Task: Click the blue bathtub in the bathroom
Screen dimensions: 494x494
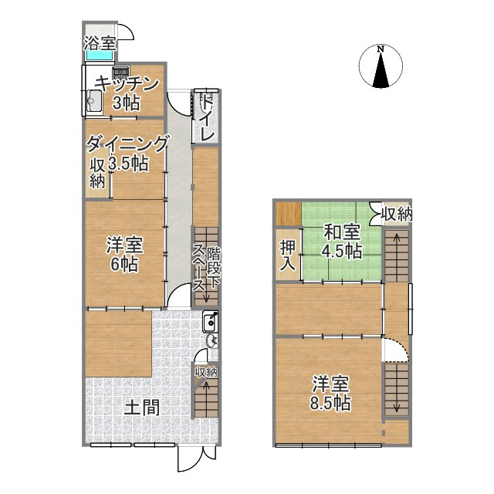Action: [100, 55]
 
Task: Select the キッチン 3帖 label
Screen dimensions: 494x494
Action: [127, 93]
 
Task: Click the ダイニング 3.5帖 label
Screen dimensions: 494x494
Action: [127, 153]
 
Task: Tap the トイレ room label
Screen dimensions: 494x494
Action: [207, 118]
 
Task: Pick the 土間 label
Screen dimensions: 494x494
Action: [142, 407]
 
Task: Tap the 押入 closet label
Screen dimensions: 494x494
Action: [287, 255]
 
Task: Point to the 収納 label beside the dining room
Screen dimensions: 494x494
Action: [98, 174]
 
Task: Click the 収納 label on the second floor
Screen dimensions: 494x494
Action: [395, 213]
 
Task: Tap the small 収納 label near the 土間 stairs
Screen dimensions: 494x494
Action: [205, 372]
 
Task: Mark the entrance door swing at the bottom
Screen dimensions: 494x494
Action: [190, 459]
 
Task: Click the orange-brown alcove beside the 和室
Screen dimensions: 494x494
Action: [289, 212]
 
